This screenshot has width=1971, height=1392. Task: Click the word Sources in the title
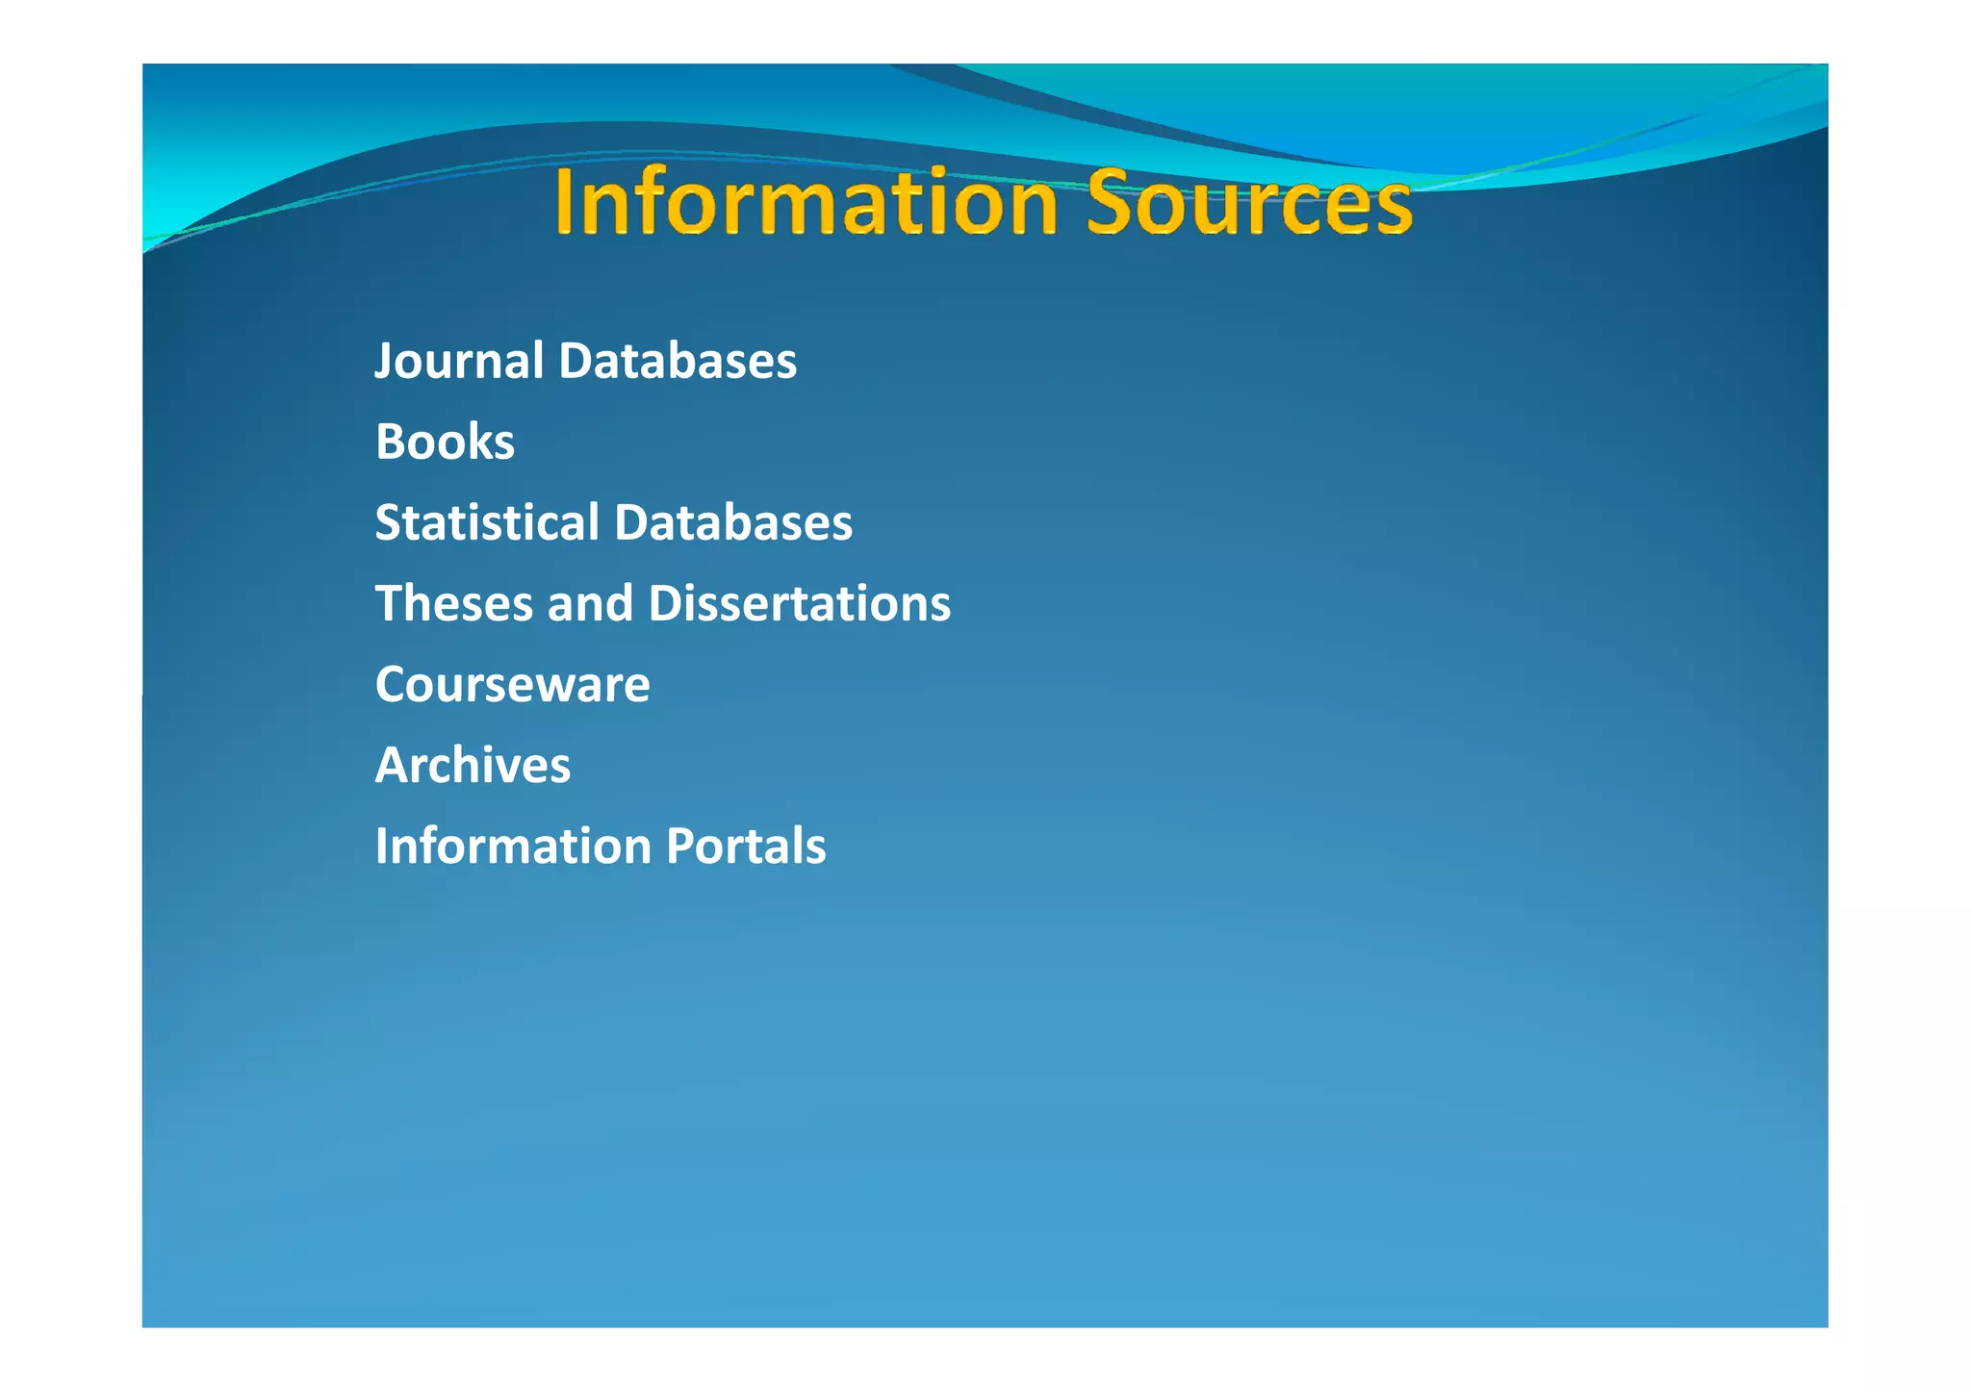pos(1249,203)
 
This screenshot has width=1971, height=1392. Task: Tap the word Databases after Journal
pos(678,362)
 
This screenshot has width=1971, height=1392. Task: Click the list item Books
pos(445,443)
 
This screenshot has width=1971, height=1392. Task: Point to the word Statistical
pos(487,523)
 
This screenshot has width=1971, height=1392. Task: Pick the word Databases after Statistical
pos(733,523)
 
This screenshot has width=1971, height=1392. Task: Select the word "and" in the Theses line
pos(590,604)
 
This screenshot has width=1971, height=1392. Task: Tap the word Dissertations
pos(799,604)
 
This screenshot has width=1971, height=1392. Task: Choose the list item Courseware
pos(512,685)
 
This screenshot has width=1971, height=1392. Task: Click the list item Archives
pos(473,766)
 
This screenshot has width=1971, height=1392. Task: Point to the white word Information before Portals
pos(513,847)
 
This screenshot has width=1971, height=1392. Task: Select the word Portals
pos(746,847)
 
